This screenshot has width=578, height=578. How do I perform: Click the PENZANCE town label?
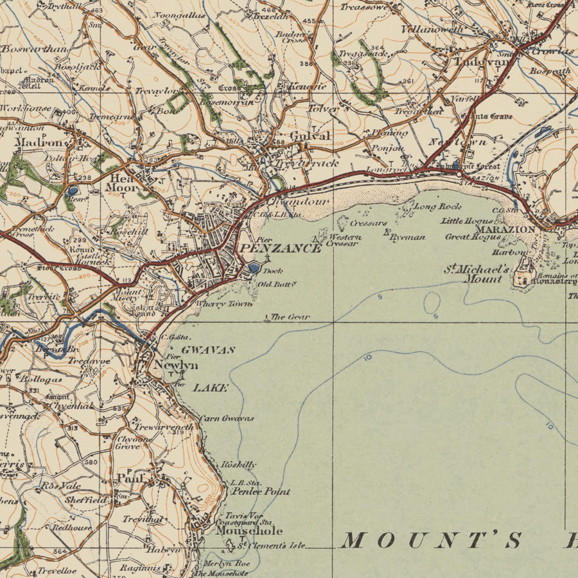(280, 248)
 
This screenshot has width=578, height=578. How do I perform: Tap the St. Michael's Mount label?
(477, 274)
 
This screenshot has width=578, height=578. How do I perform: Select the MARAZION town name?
(505, 229)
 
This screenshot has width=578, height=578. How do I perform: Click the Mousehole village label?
(249, 531)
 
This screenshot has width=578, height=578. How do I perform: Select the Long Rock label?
(438, 207)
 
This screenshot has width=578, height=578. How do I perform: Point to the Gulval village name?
(310, 136)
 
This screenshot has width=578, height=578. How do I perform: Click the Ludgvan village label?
(482, 62)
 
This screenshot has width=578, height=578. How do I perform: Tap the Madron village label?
(38, 142)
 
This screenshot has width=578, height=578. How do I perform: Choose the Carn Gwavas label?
(227, 418)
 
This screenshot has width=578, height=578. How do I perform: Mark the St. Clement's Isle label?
(271, 546)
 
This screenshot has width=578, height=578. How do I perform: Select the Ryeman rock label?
(407, 237)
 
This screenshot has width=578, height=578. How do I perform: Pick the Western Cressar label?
(344, 240)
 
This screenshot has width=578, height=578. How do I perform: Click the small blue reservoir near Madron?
(72, 190)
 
